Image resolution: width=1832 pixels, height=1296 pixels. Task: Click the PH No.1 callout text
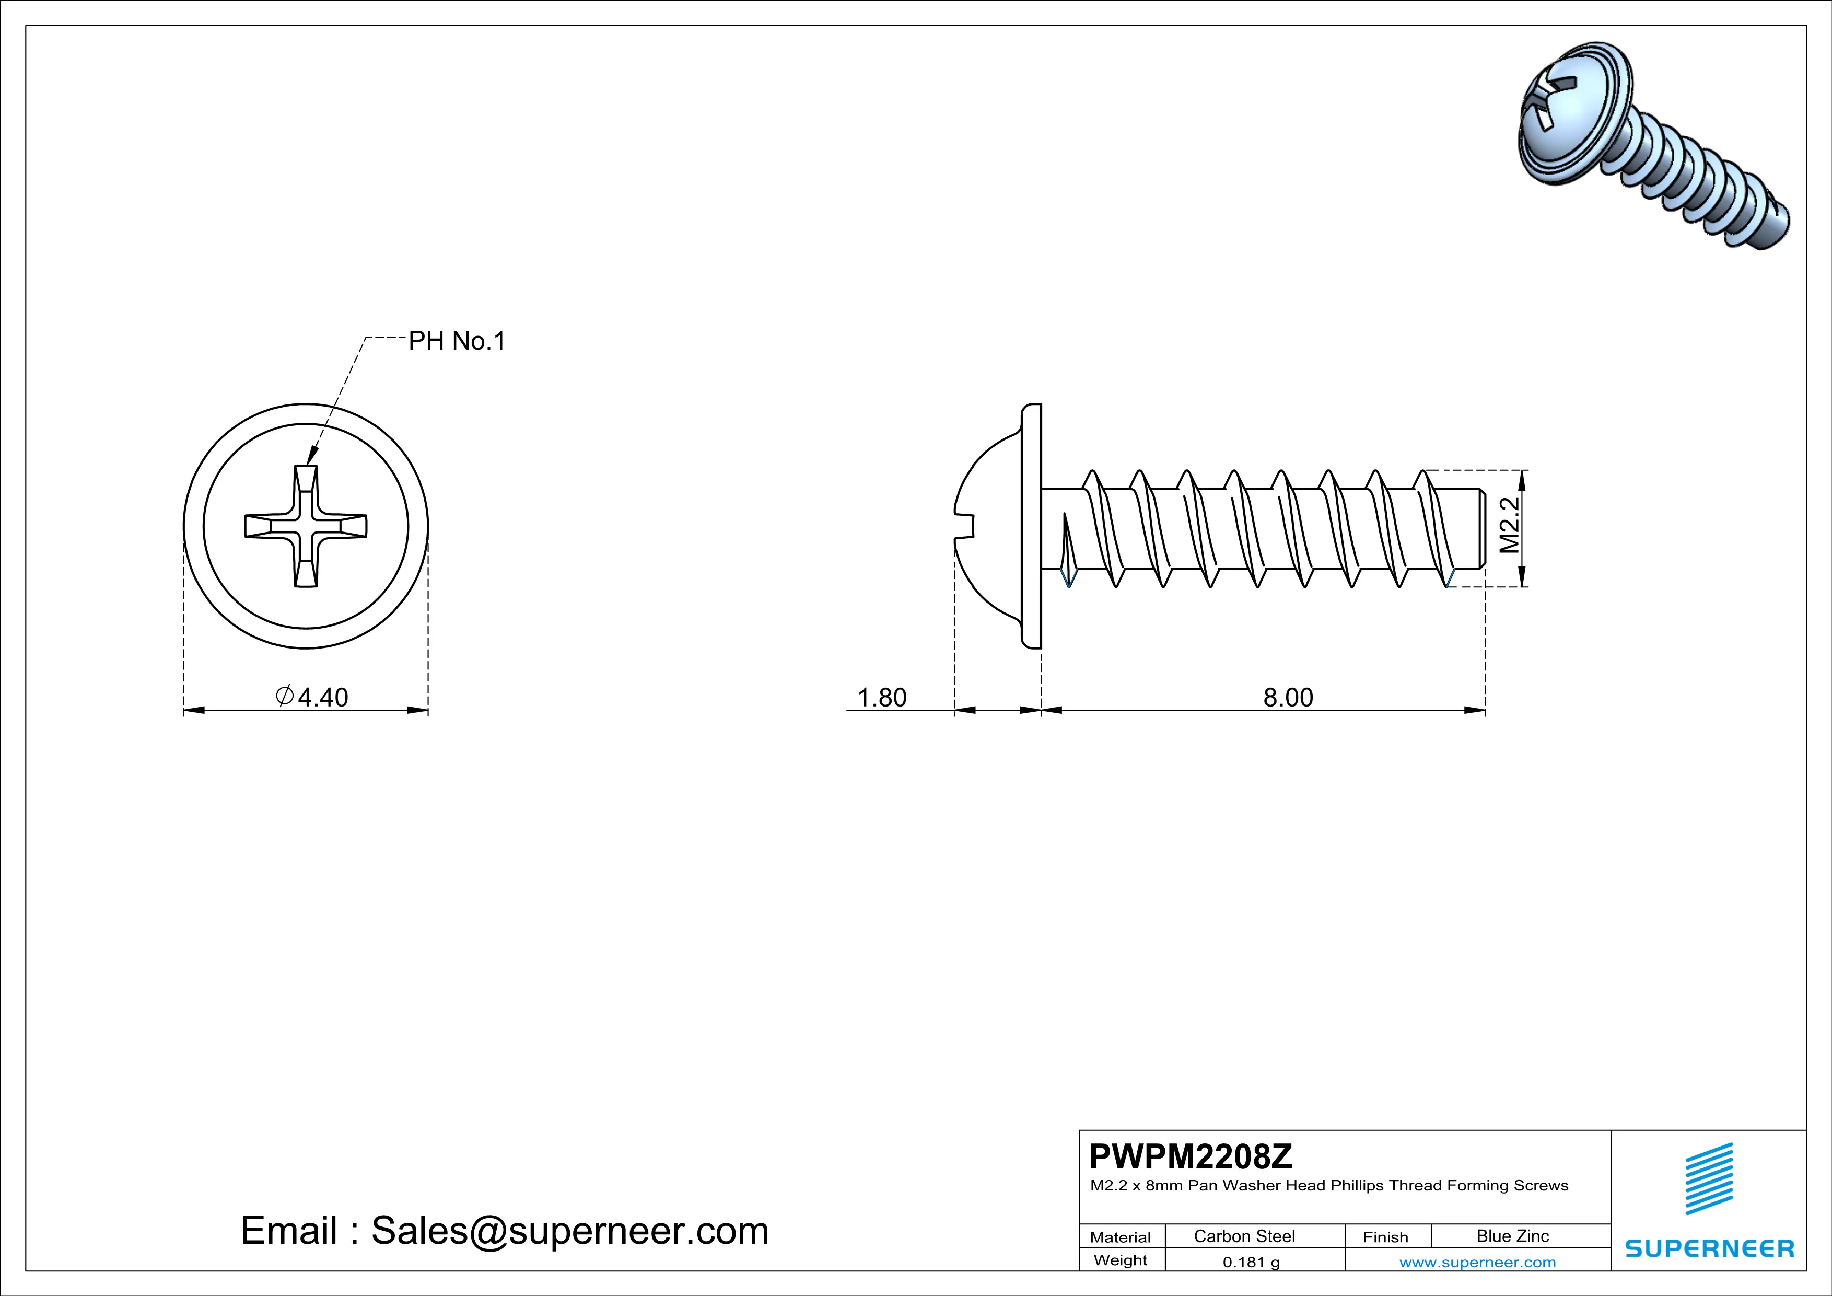457,342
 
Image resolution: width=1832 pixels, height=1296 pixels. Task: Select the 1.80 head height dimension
882,698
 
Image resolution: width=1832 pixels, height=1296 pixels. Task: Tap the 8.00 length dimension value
1288,698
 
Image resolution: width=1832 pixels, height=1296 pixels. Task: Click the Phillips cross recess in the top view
306,527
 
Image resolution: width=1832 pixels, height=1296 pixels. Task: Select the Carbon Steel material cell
1244,1236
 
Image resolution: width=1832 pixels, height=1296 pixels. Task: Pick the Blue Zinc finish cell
1512,1236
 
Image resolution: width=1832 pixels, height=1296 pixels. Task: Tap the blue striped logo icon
1709,1179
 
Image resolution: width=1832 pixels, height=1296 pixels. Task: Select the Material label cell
1121,1237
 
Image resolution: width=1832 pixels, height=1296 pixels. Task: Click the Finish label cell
1385,1237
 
